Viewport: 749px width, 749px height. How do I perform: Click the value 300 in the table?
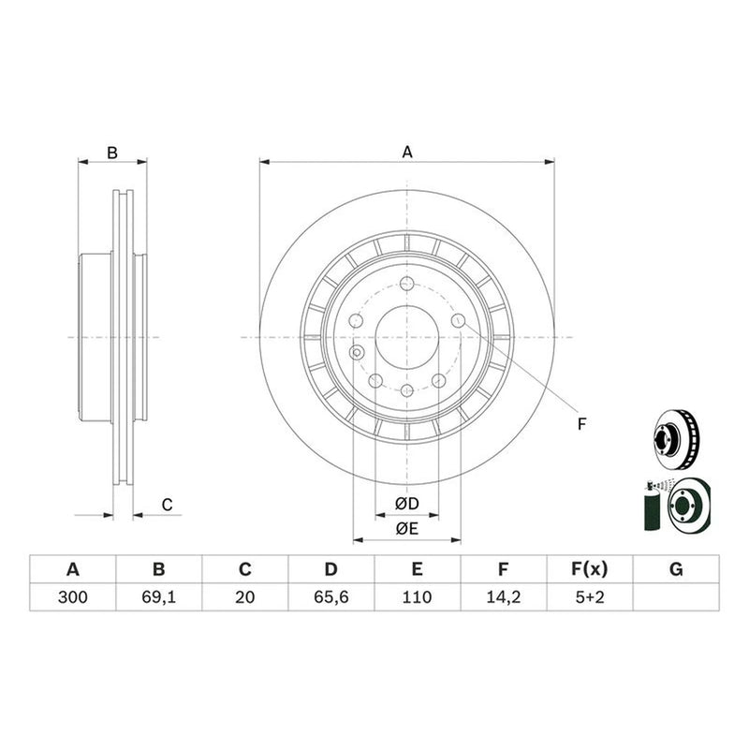point(73,596)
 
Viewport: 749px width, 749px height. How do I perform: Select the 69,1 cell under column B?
point(158,596)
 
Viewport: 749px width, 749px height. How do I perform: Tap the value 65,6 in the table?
point(331,596)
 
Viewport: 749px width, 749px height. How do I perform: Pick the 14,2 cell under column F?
point(503,596)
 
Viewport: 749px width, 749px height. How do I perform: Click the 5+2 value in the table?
point(590,596)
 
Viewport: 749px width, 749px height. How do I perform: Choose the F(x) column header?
point(590,569)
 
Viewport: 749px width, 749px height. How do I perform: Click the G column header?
point(676,569)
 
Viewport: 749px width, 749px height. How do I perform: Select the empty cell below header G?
point(676,596)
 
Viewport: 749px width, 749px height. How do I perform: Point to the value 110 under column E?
point(417,596)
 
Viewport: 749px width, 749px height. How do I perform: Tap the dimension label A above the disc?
point(407,152)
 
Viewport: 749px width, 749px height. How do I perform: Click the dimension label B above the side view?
point(112,153)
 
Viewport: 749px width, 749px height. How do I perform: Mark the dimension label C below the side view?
point(167,505)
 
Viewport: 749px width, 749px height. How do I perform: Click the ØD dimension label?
point(407,503)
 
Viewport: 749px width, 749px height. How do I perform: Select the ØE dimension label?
point(407,528)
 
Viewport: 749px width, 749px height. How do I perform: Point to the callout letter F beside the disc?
point(581,424)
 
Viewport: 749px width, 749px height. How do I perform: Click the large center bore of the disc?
point(407,337)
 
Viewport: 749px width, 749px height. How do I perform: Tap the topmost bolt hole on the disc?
point(407,284)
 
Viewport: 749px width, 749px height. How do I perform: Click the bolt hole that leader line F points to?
point(458,320)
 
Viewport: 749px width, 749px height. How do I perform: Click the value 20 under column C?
point(244,596)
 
